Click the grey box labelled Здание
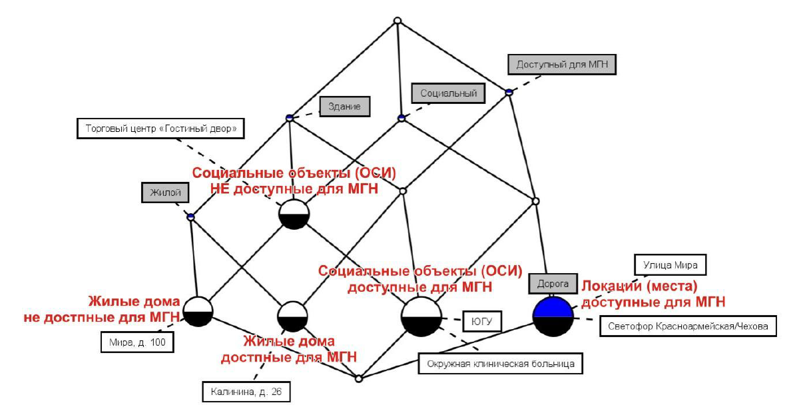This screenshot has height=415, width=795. coord(344,106)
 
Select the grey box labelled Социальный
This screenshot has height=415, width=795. coord(448,93)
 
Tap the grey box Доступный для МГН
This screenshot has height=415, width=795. coord(562,65)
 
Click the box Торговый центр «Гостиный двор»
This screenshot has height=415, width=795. coord(160,128)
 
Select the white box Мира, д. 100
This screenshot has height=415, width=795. coord(137,342)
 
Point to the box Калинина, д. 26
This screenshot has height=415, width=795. coord(246,392)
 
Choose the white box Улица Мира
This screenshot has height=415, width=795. coord(670,264)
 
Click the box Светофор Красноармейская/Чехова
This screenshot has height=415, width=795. coord(688,326)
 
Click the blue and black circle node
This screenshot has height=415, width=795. coord(553,317)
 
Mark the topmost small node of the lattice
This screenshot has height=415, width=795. coord(397,21)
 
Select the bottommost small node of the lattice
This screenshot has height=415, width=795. coord(358,378)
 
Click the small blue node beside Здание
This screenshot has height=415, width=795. coord(290,118)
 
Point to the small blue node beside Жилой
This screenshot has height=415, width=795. coord(190,216)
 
